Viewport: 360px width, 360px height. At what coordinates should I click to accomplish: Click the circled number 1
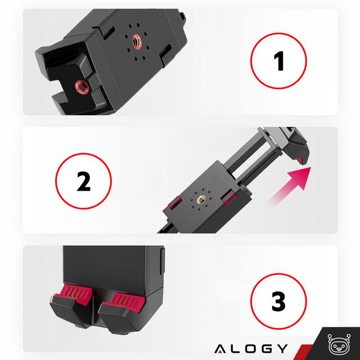tap(279, 62)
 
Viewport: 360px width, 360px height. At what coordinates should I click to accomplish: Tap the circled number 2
tap(83, 181)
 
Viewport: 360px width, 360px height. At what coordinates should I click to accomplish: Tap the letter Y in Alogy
tap(282, 348)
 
